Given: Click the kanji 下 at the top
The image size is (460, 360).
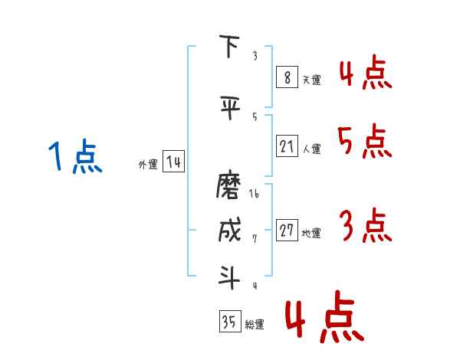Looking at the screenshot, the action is click(x=229, y=46).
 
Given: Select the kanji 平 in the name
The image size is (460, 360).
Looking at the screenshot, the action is click(x=230, y=107).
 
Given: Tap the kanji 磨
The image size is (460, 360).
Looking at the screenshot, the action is click(x=228, y=186).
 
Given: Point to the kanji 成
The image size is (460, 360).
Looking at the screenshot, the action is click(x=230, y=230).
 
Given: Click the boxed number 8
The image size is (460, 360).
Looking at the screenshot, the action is click(x=287, y=77).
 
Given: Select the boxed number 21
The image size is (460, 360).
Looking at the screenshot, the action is click(x=287, y=146).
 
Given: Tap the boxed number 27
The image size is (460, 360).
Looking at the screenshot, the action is click(x=287, y=230).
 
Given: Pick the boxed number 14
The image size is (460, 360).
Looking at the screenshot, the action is click(x=173, y=162).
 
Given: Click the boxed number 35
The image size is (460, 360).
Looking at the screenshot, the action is click(x=230, y=321).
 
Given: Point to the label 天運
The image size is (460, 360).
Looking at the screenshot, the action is click(x=311, y=80).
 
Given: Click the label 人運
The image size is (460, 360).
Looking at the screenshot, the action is click(x=311, y=149).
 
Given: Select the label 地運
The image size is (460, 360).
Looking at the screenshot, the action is click(x=311, y=234).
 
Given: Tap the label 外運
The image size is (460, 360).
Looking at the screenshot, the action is click(x=148, y=165).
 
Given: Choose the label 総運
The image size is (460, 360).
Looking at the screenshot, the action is click(x=255, y=325).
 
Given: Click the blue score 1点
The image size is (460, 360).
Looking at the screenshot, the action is click(x=75, y=156).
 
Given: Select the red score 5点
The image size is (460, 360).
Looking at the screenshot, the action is click(x=364, y=141).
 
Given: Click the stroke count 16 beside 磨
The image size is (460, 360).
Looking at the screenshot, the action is click(x=254, y=194).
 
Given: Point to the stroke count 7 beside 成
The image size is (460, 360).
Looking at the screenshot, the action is click(x=255, y=239).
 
